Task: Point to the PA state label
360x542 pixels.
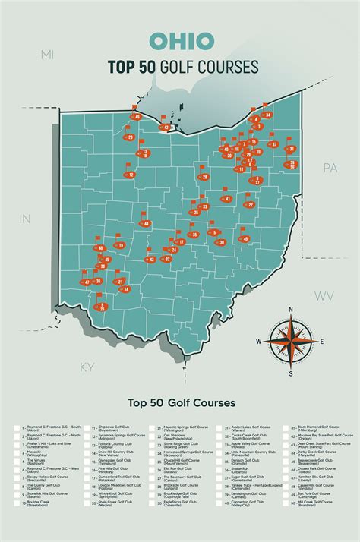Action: pyautogui.click(x=330, y=167)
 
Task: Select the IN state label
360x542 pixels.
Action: pyautogui.click(x=24, y=219)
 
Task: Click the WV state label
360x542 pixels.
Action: pyautogui.click(x=324, y=295)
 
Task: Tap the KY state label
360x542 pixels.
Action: pyautogui.click(x=87, y=367)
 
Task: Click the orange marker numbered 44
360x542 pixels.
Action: pyautogui.click(x=146, y=224)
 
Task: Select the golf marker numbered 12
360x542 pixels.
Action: pyautogui.click(x=131, y=175)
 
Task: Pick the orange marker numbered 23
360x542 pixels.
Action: pyautogui.click(x=131, y=137)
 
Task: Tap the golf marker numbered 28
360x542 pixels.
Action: pyautogui.click(x=204, y=177)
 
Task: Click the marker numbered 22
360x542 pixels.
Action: pyautogui.click(x=249, y=204)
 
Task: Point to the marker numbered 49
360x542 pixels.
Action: pyautogui.click(x=245, y=239)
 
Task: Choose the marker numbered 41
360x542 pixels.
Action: pyautogui.click(x=227, y=199)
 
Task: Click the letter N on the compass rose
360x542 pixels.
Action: pyautogui.click(x=290, y=310)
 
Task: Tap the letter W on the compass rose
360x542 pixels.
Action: pyautogui.click(x=258, y=342)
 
